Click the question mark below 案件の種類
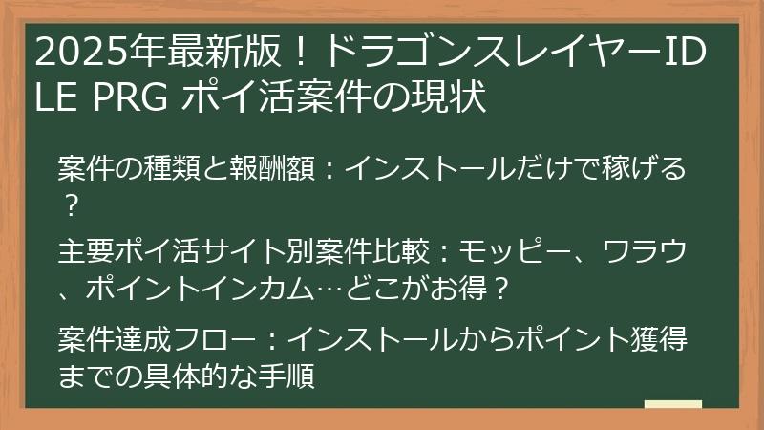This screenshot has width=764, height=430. coord(69,204)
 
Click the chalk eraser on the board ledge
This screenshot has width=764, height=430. coord(672,404)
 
